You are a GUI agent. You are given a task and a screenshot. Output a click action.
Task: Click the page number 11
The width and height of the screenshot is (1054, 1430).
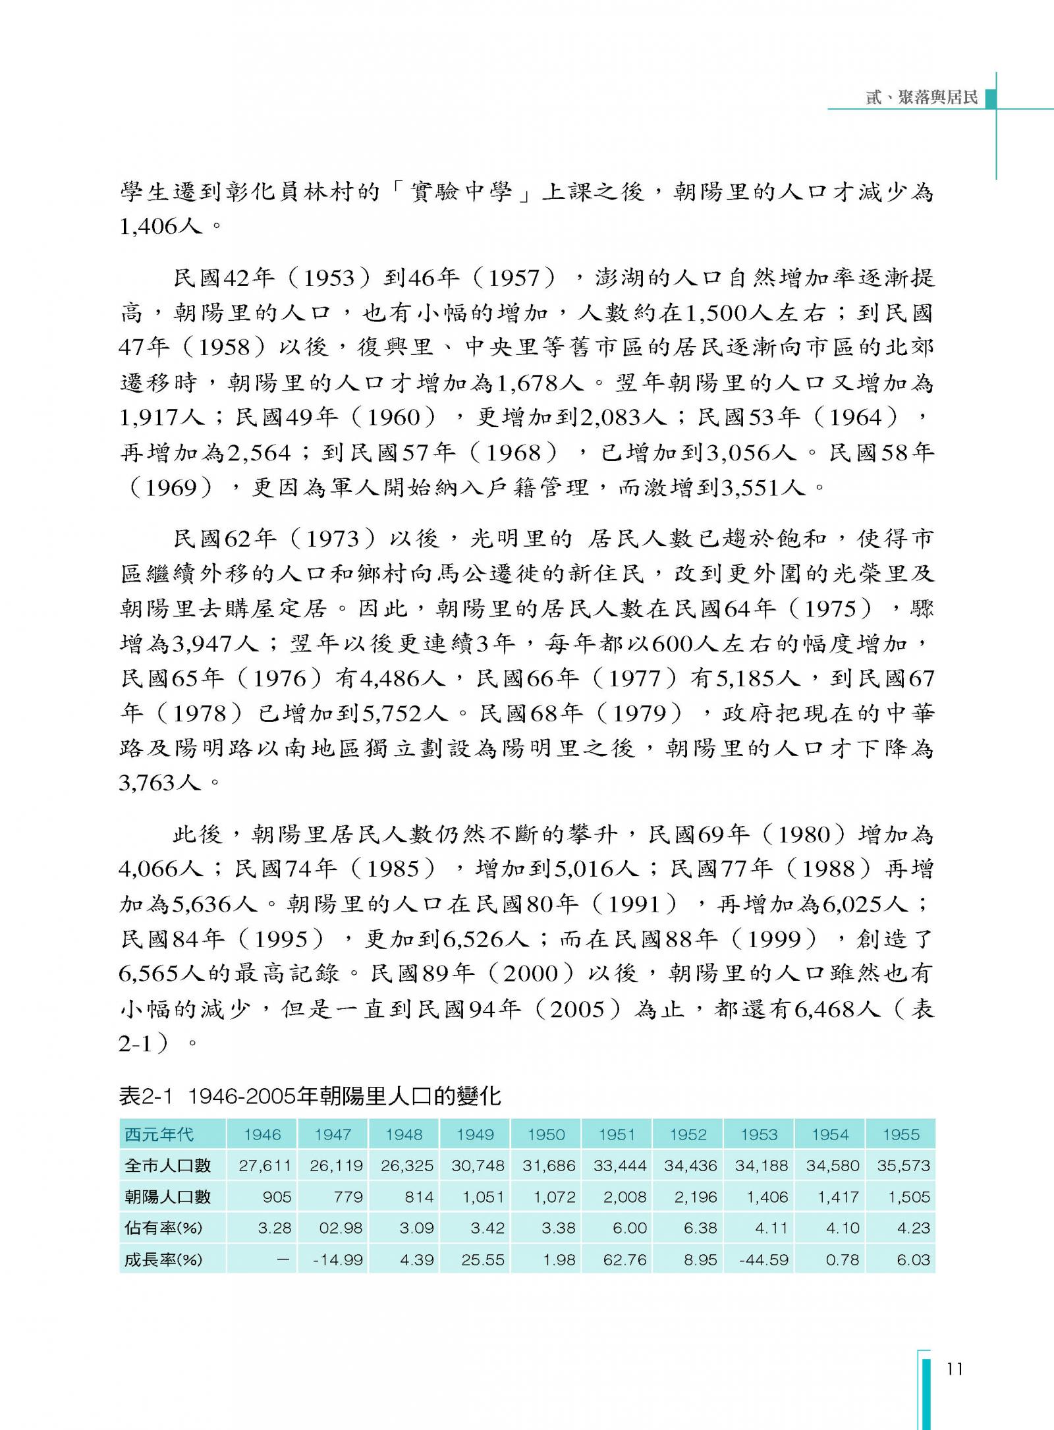[x=955, y=1369]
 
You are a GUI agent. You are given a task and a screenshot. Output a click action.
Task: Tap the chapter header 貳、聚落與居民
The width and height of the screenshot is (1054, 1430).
[x=922, y=98]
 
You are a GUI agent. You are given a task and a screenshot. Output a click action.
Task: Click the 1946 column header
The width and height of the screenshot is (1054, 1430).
[x=262, y=1134]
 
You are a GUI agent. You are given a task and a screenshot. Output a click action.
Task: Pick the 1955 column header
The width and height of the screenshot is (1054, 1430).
[x=901, y=1134]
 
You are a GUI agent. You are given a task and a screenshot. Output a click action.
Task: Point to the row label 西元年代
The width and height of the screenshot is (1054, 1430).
[x=159, y=1134]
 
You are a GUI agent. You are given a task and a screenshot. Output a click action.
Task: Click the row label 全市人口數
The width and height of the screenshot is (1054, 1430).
[x=168, y=1165]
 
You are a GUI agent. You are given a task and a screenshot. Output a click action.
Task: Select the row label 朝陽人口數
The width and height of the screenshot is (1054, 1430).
[x=168, y=1197]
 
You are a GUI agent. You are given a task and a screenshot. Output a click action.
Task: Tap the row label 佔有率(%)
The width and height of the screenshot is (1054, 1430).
[x=163, y=1228]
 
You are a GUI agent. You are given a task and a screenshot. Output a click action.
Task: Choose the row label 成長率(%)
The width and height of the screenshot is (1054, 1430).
[x=163, y=1260]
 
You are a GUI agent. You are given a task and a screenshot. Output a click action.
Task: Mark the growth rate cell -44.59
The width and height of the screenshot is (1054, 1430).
[x=763, y=1260]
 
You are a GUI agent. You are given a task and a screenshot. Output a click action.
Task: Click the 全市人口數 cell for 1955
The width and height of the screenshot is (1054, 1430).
[x=903, y=1165]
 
